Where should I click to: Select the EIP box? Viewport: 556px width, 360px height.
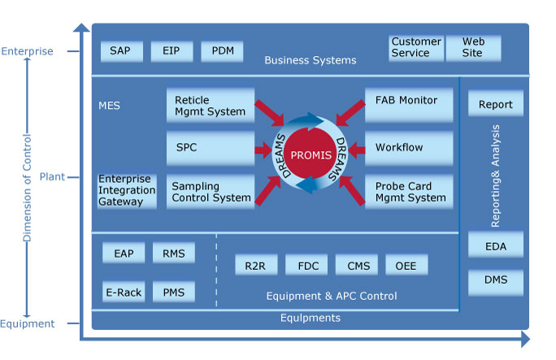172,51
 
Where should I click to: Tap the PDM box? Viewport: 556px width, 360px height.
222,51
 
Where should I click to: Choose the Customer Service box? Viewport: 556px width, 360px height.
416,48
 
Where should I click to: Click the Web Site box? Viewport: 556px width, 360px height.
473,48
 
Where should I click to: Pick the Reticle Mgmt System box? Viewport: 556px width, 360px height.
210,106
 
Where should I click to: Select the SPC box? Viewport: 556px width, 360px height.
210,149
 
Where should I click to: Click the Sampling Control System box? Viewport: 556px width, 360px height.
210,192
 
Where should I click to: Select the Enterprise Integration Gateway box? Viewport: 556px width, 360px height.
127,190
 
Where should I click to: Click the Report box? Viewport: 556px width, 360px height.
495,104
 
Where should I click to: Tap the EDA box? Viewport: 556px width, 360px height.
495,245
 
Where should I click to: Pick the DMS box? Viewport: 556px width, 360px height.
495,280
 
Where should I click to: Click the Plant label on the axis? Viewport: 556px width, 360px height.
52,176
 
